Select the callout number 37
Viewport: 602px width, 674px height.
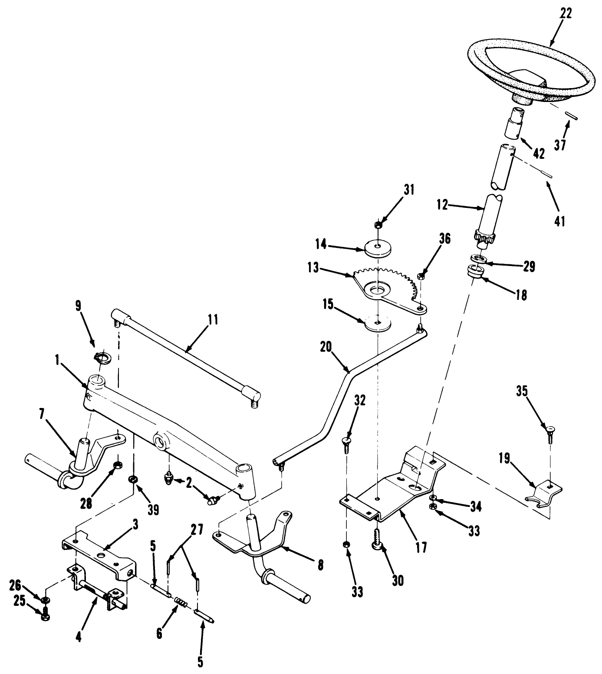click(560, 144)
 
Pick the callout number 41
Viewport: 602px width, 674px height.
click(560, 221)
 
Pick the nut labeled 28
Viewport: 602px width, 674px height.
click(117, 467)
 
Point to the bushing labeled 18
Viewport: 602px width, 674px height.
click(476, 274)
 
